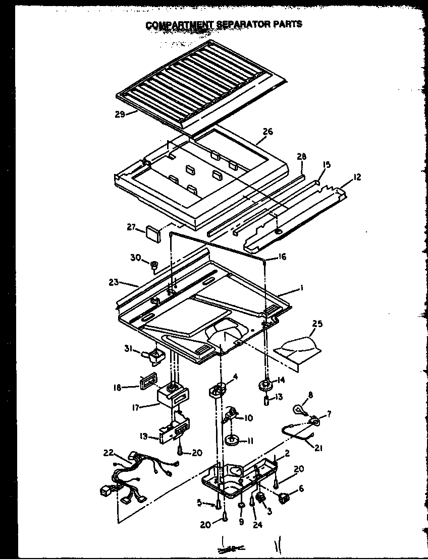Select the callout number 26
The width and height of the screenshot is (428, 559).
(x=268, y=132)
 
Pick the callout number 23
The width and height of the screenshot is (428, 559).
(x=113, y=282)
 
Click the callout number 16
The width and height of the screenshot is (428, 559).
(x=282, y=257)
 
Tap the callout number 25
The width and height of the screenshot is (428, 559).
(x=317, y=324)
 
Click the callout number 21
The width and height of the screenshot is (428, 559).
(x=318, y=448)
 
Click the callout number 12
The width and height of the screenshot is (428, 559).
(x=357, y=177)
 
